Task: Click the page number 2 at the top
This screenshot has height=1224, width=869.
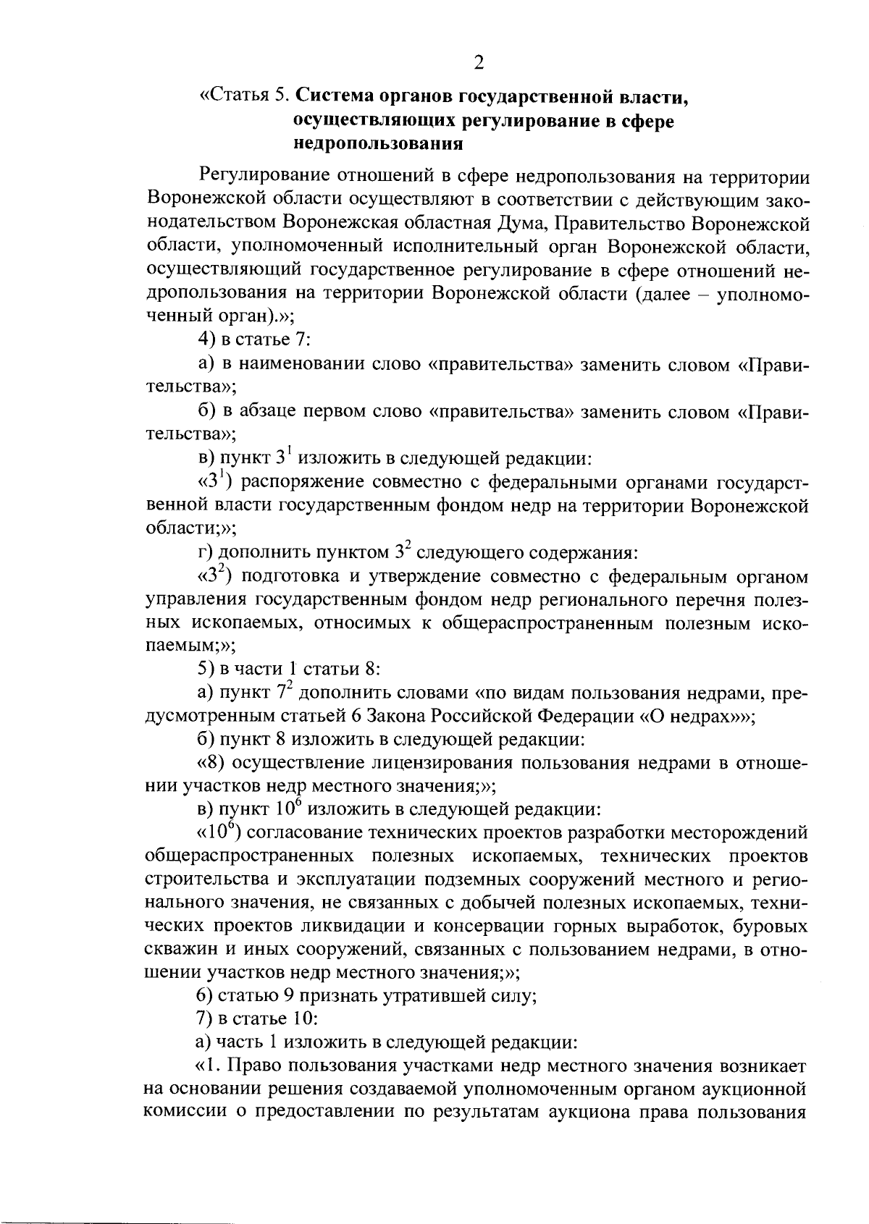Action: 478,63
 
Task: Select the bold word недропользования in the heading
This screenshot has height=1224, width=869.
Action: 378,143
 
